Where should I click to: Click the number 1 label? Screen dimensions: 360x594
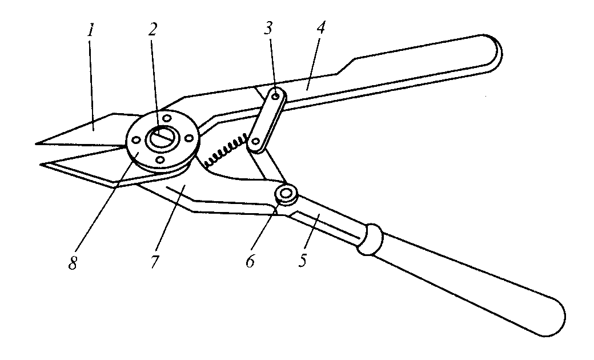click(90, 31)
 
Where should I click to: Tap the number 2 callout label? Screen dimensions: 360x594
click(152, 31)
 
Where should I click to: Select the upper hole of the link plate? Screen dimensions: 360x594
click(276, 98)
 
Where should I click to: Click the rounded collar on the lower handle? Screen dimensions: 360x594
click(370, 237)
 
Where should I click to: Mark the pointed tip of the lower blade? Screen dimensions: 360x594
click(41, 165)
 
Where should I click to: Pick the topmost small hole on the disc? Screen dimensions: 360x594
click(167, 118)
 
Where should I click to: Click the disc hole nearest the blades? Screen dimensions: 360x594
click(137, 139)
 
